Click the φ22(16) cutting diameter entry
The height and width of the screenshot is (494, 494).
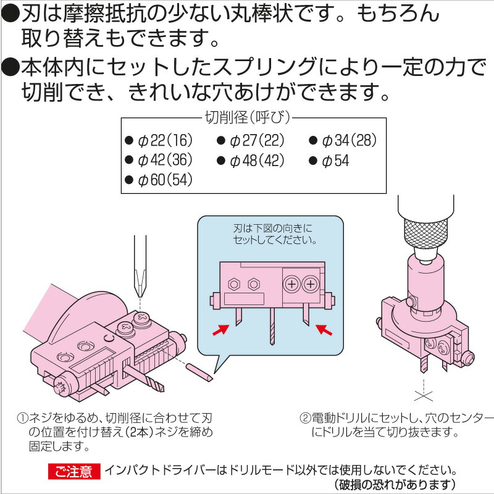click(x=159, y=140)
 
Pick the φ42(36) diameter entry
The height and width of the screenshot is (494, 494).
click(x=159, y=160)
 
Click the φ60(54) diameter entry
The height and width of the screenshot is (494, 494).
click(x=159, y=180)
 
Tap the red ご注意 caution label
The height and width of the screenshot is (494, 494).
click(x=74, y=472)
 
